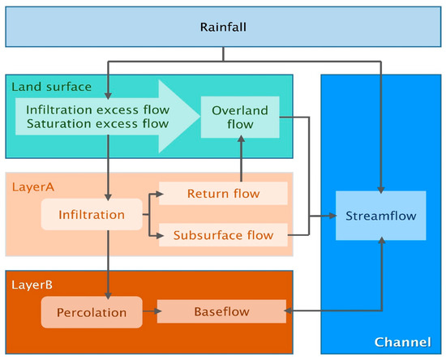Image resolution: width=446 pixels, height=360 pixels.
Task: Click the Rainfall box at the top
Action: [x=222, y=28]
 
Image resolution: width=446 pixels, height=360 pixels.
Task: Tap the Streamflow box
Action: [x=380, y=216]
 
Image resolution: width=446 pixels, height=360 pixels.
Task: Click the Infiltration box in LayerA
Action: [x=92, y=215]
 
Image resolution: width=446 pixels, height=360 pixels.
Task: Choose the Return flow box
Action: [x=223, y=194]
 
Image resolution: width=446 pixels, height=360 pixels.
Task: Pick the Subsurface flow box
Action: [x=223, y=236]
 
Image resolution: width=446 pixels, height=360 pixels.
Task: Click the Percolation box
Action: [x=92, y=311]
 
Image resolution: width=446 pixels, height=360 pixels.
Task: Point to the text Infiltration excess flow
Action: [x=97, y=109]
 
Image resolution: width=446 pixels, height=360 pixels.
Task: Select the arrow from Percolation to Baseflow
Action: [x=150, y=311]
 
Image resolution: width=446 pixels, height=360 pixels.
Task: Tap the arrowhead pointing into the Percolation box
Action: [x=108, y=293]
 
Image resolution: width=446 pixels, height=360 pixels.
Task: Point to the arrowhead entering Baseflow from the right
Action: [x=283, y=311]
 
